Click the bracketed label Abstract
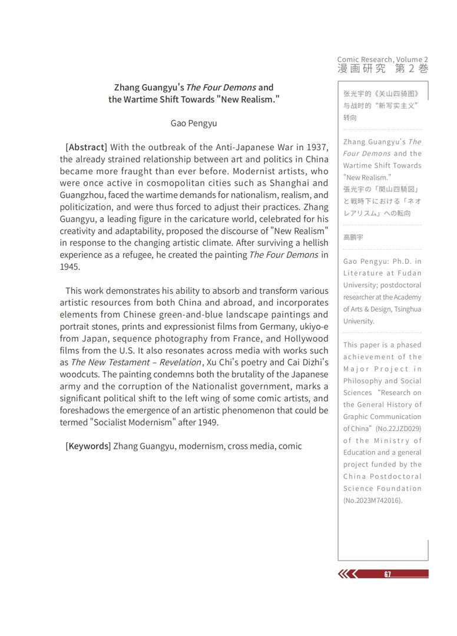86,147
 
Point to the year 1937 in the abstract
316,147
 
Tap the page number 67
387,574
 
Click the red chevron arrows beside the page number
347,574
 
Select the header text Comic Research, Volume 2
383,59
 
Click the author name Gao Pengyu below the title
194,123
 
